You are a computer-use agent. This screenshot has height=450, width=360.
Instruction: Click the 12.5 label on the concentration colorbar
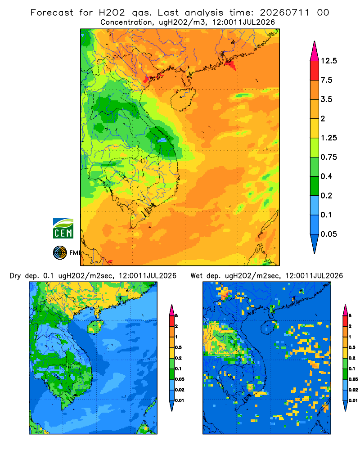328,61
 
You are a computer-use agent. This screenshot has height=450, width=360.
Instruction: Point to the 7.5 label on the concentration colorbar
326,80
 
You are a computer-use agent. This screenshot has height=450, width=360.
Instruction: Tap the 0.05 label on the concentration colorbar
328,234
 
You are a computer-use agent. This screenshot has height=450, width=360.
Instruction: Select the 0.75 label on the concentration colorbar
328,157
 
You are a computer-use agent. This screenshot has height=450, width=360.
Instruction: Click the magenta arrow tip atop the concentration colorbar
315,51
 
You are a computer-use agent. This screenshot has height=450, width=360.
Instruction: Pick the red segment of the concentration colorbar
315,71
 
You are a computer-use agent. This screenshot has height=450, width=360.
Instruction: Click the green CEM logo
63,229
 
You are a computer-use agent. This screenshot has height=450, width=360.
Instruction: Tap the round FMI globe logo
60,253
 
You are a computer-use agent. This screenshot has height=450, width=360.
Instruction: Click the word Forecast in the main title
52,13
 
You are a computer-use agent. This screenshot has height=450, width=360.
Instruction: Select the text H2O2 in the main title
112,13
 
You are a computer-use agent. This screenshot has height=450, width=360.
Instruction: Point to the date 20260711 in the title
284,13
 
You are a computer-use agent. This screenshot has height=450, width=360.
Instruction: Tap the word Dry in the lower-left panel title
15,276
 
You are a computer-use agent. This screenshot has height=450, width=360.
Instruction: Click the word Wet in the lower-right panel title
197,276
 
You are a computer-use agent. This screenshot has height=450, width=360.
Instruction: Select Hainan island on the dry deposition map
95,327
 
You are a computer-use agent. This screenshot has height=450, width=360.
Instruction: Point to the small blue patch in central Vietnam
162,140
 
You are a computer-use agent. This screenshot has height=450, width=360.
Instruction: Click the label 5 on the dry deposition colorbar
176,316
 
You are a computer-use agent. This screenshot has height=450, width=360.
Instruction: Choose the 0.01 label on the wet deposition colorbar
353,400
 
